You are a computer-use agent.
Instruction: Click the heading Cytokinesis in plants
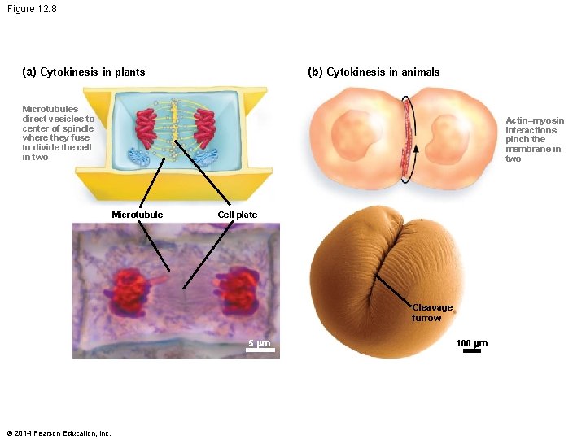click(x=84, y=72)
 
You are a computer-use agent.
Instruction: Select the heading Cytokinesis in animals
click(x=374, y=72)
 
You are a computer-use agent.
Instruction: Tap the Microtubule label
click(x=137, y=215)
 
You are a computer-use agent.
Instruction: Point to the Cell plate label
click(x=238, y=215)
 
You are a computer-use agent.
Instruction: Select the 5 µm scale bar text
click(x=259, y=343)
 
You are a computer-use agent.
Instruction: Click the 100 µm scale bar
click(x=471, y=350)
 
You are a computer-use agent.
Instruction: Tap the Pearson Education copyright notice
click(x=58, y=432)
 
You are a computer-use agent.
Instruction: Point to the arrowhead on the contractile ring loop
click(x=416, y=148)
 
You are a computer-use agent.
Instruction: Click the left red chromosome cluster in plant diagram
click(x=146, y=126)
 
